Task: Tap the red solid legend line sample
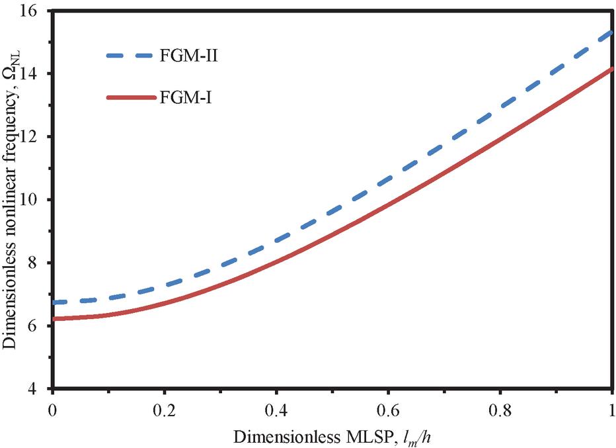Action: pos(132,98)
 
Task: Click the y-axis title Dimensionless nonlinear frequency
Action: pos(13,199)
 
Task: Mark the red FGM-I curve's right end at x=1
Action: pos(612,68)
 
